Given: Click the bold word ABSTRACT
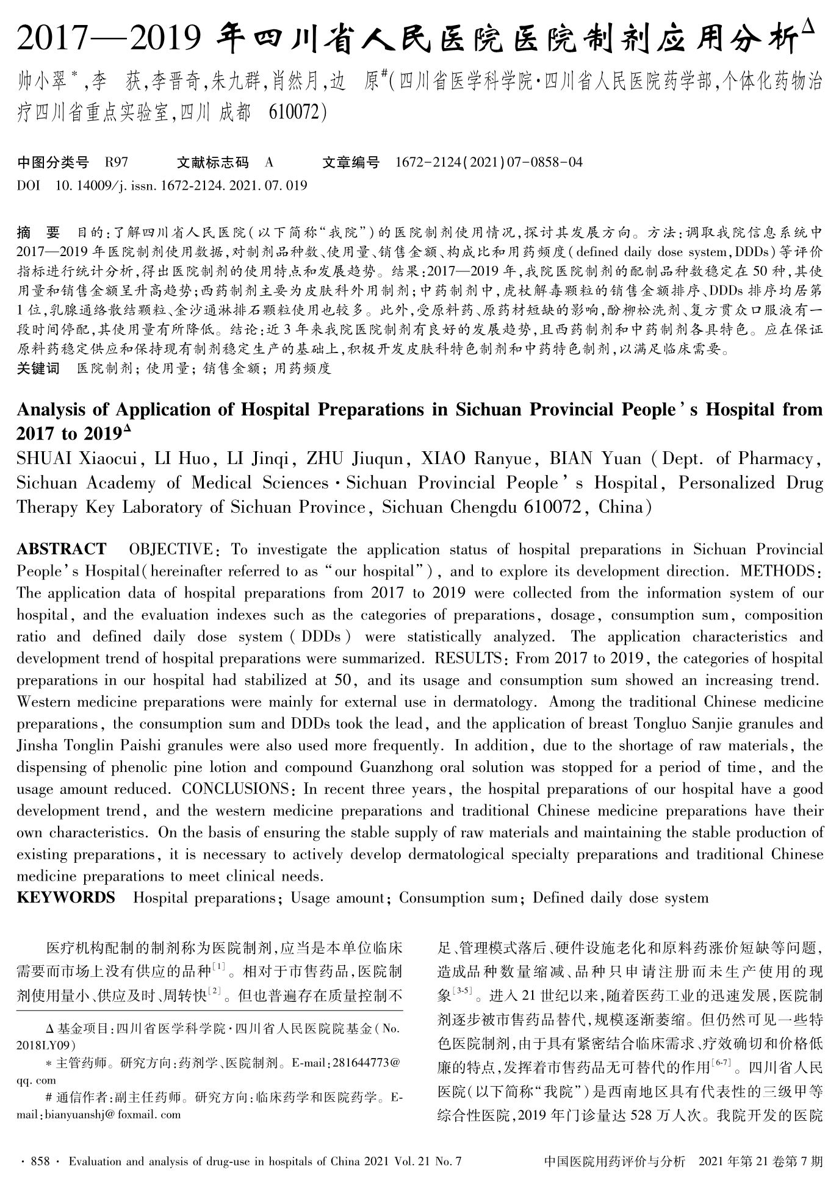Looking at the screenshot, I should [x=61, y=549].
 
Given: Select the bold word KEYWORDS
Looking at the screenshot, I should [x=65, y=898].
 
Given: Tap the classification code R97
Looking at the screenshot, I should [x=116, y=162].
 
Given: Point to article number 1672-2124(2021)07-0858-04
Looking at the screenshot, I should [x=489, y=162].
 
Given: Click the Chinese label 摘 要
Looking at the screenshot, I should [x=39, y=232].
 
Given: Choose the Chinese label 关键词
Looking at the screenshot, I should [x=38, y=368].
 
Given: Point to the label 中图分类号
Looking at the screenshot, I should [x=53, y=162].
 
